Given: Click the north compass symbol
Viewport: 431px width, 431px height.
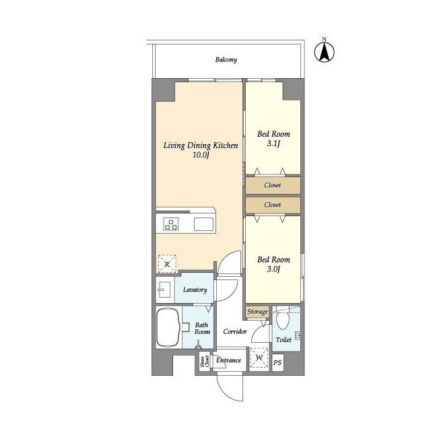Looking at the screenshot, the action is tap(325, 51).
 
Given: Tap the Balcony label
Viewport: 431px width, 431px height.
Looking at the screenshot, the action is tap(226, 60).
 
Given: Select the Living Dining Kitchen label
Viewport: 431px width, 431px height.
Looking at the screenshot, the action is tap(201, 145).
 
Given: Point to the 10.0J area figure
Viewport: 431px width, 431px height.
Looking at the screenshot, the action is tap(201, 155).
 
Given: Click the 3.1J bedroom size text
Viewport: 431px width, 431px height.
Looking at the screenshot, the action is tap(273, 143).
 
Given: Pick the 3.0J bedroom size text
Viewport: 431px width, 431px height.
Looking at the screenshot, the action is tap(273, 269).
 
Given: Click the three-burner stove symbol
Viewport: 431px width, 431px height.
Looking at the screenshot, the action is tap(170, 224).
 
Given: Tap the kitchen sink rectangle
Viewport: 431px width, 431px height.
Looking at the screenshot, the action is tap(203, 224).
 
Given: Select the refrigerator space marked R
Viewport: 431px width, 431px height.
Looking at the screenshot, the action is tap(167, 264).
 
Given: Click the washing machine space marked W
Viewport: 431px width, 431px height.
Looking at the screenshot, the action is tap(259, 358).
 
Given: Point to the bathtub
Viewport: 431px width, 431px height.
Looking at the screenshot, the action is tap(168, 328).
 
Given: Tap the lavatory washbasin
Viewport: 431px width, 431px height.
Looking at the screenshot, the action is tap(164, 290).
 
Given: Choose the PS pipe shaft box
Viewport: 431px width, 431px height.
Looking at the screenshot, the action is tap(277, 362).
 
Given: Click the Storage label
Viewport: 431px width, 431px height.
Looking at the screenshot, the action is tap(257, 312).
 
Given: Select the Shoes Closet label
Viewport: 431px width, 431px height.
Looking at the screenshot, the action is tap(205, 361).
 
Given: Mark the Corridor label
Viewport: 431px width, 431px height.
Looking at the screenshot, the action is tap(235, 332).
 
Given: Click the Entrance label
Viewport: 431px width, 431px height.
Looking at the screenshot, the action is tap(228, 360).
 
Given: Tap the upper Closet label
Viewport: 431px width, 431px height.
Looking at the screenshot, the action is tap(272, 185).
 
